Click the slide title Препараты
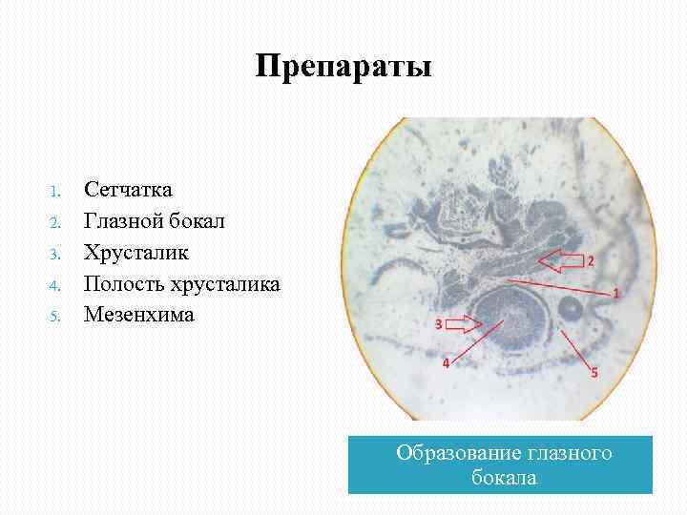click(343, 68)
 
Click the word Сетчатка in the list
click(128, 190)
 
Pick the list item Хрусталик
click(136, 253)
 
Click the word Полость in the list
click(120, 283)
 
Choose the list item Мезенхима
click(138, 314)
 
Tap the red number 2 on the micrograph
click(590, 260)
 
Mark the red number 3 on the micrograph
click(438, 324)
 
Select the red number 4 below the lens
click(445, 363)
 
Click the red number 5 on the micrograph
click(593, 373)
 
